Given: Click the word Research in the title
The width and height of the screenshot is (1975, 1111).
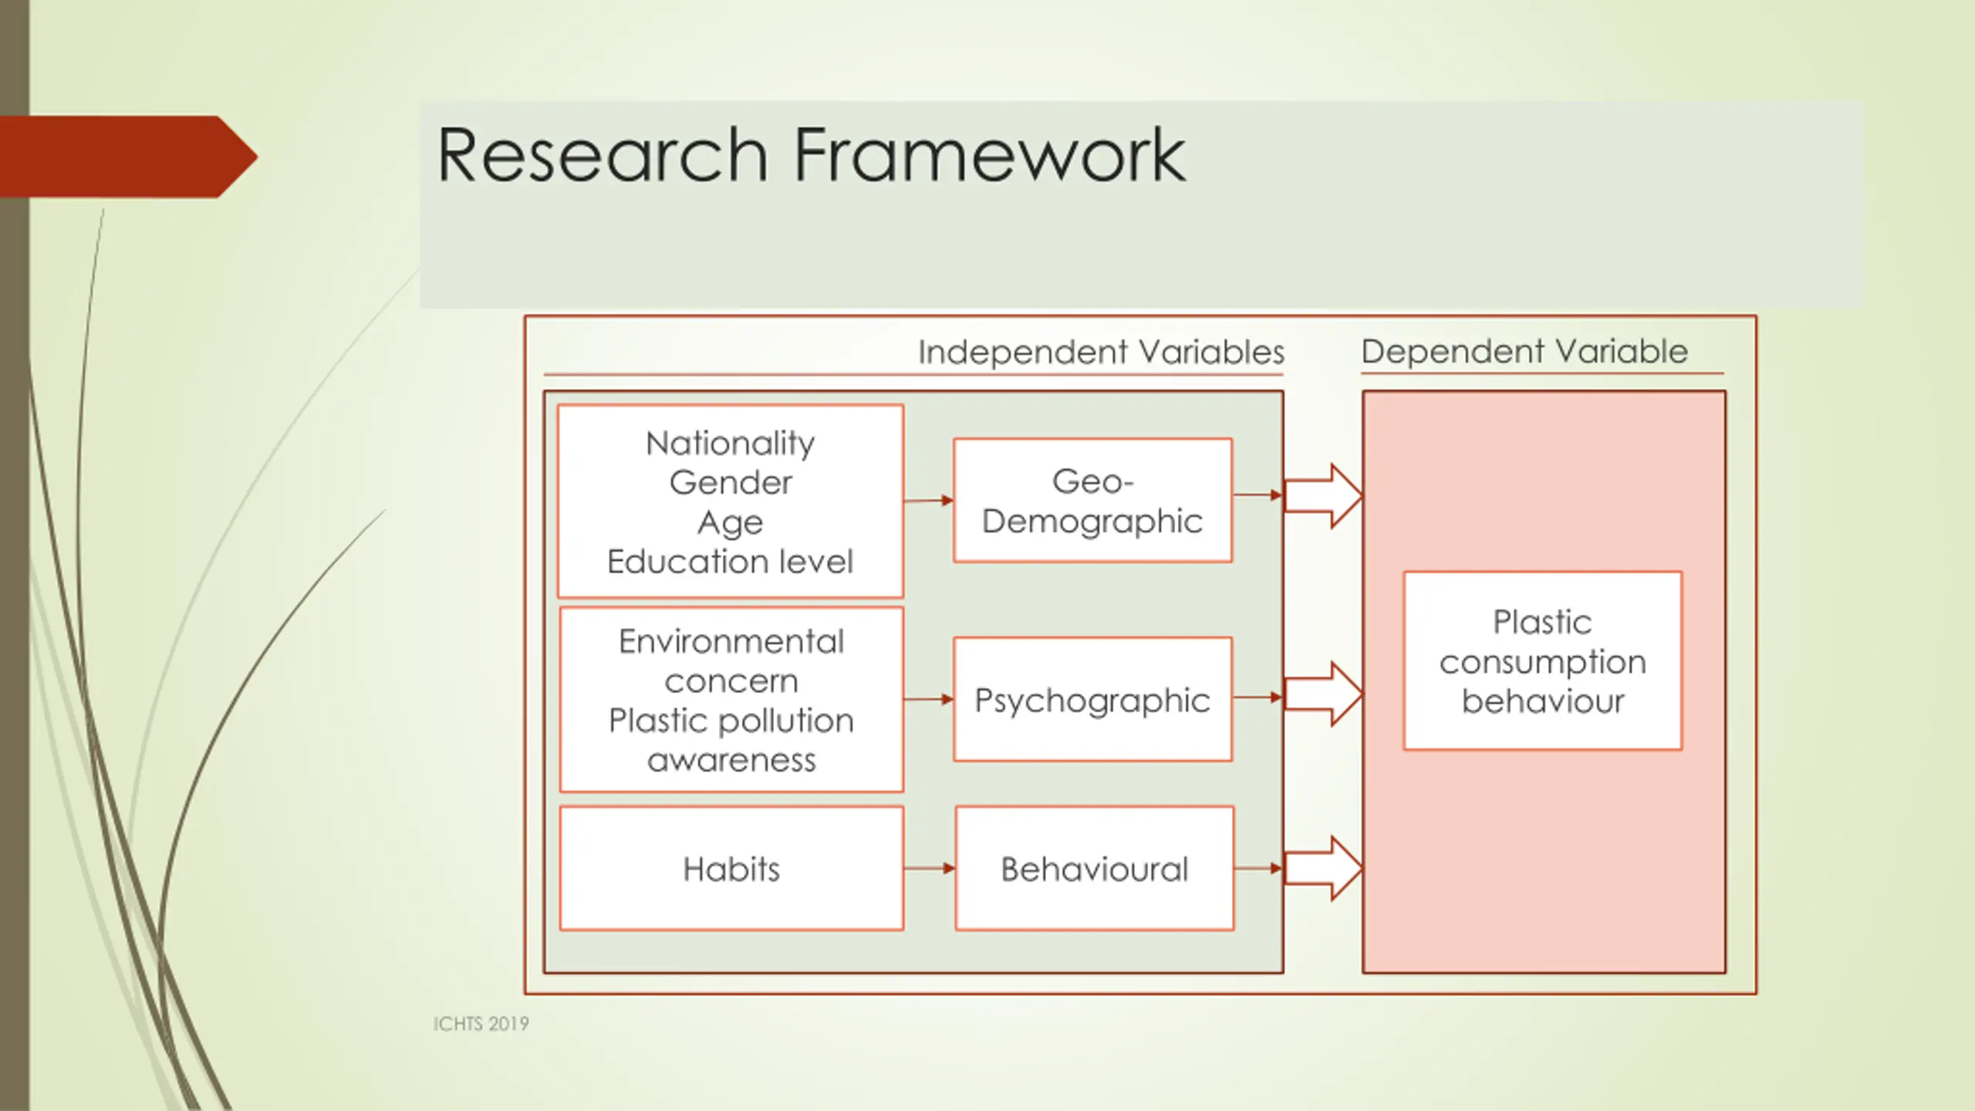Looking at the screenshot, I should pyautogui.click(x=602, y=156).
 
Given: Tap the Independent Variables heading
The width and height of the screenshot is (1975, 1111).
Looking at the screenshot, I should pyautogui.click(x=1100, y=352).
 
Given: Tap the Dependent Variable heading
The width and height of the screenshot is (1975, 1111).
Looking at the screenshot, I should pyautogui.click(x=1524, y=351).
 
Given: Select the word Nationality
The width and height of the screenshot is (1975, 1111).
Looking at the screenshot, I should pyautogui.click(x=730, y=444).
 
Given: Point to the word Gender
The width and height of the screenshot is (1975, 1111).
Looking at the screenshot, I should pyautogui.click(x=730, y=483).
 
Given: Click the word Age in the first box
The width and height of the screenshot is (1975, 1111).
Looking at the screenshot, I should pyautogui.click(x=730, y=523).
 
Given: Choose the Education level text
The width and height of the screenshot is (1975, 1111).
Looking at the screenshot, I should pyautogui.click(x=730, y=562).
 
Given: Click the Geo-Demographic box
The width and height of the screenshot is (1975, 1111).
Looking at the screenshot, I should pyautogui.click(x=1092, y=501).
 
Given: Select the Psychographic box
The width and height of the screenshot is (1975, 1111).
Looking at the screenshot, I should pyautogui.click(x=1092, y=700).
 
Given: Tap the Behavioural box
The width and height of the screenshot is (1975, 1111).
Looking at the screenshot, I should pyautogui.click(x=1094, y=869).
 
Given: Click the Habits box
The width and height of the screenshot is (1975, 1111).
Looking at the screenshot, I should pyautogui.click(x=731, y=869).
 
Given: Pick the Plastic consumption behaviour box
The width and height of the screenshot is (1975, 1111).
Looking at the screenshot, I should pyautogui.click(x=1542, y=661).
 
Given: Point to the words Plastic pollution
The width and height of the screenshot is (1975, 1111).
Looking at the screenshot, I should pyautogui.click(x=731, y=721).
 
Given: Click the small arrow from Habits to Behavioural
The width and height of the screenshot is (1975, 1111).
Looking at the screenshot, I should pyautogui.click(x=929, y=869).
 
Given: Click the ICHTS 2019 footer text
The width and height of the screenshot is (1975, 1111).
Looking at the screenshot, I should pyautogui.click(x=481, y=1024).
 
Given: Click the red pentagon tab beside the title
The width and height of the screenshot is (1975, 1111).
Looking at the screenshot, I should pyautogui.click(x=123, y=157).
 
